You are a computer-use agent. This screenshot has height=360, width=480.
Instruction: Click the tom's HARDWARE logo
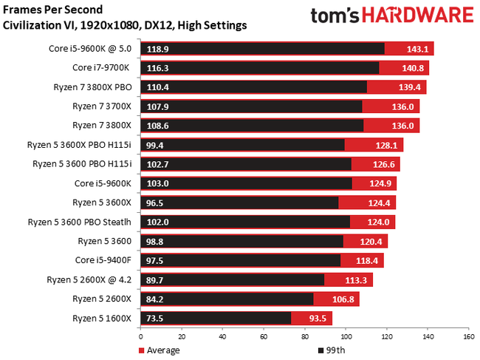(391, 16)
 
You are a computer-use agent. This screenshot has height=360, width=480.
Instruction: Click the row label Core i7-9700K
(101, 67)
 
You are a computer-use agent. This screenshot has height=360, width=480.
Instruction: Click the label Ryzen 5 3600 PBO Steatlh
(79, 221)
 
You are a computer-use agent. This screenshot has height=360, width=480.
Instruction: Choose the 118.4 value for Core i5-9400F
(367, 260)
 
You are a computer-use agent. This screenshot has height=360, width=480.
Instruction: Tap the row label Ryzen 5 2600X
(102, 298)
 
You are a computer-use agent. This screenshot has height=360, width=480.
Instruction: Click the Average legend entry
(158, 350)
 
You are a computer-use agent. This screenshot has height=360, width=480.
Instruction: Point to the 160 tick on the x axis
(467, 336)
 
